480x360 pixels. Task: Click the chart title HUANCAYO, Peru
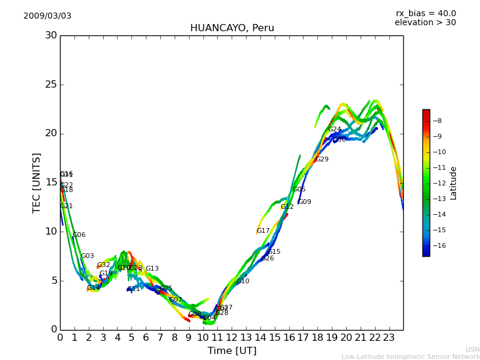click(x=232, y=28)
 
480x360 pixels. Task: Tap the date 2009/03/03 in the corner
click(x=47, y=16)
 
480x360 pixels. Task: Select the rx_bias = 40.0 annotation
click(x=426, y=13)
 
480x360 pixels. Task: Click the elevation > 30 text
click(x=425, y=23)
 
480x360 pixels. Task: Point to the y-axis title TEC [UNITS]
click(x=37, y=182)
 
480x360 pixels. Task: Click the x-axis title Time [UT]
click(x=232, y=351)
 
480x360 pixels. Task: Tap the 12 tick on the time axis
click(x=232, y=338)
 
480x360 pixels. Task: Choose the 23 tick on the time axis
click(x=389, y=338)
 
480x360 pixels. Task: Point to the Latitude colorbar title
click(x=454, y=183)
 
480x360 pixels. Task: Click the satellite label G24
click(x=334, y=130)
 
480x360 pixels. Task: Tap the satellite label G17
click(x=263, y=231)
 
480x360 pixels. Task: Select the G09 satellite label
click(x=305, y=202)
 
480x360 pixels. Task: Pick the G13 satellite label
click(x=152, y=269)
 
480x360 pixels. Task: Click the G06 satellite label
click(x=79, y=235)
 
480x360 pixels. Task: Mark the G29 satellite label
click(x=322, y=160)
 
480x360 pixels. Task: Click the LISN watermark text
click(x=473, y=349)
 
